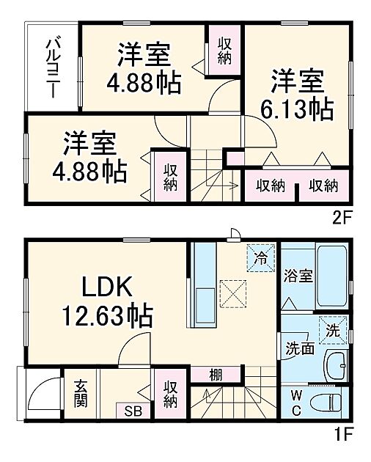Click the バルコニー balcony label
pos(54,64)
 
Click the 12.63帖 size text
pos(108,318)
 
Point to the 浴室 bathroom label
pos(298,277)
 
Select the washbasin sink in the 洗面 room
pos(336,363)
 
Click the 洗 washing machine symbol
pos(334,331)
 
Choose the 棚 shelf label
pos(215,375)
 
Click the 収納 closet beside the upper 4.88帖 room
pos(224,50)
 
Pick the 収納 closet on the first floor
pos(170,395)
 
